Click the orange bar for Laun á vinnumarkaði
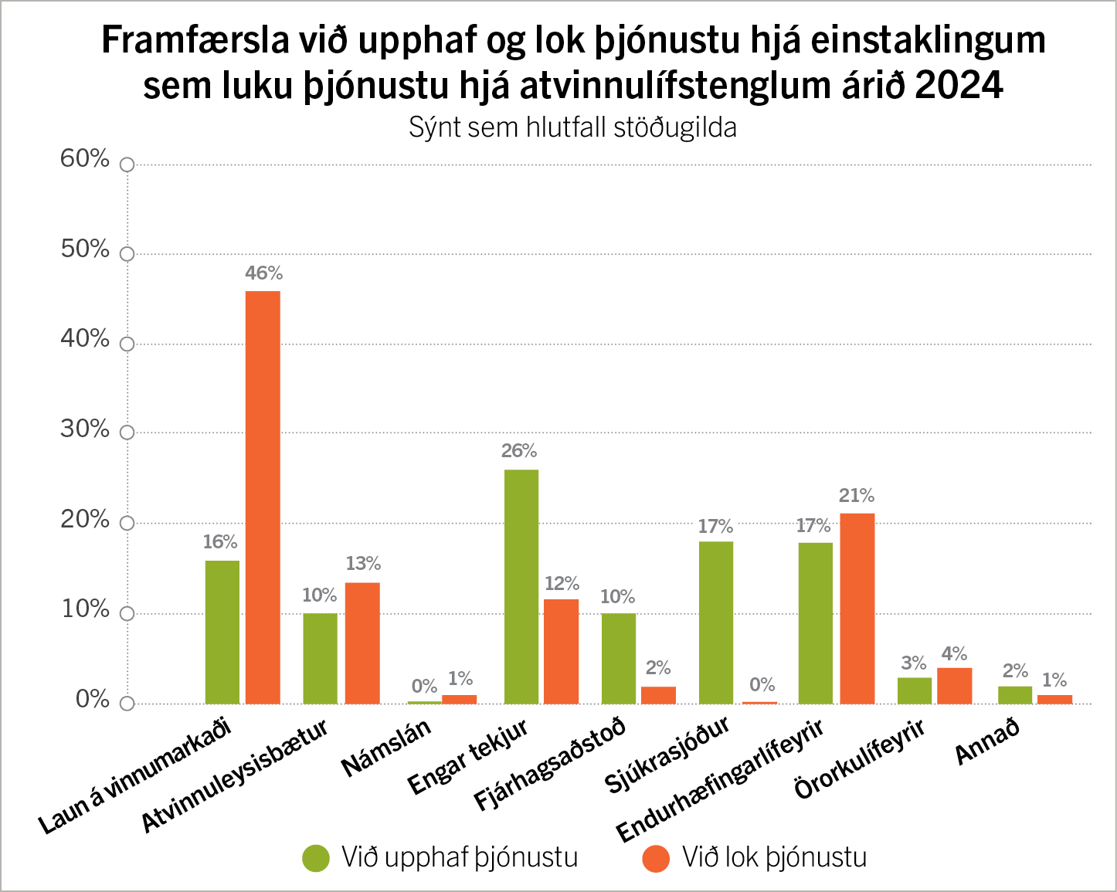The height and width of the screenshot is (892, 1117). tap(263, 497)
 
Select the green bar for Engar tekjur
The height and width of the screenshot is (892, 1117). tap(521, 586)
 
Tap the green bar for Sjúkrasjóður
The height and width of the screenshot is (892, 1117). tap(715, 622)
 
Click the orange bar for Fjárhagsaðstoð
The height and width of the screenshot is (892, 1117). tap(658, 695)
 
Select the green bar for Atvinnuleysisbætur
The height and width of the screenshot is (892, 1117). tap(320, 659)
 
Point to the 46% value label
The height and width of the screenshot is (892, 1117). tap(264, 273)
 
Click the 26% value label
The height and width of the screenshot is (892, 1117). tap(519, 451)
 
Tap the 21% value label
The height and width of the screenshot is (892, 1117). tap(857, 496)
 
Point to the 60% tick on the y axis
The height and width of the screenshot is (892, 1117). tap(127, 164)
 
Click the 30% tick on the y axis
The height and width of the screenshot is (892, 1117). tap(127, 433)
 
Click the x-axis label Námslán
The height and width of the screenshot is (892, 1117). tap(386, 748)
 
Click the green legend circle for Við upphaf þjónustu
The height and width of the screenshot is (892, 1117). tap(316, 858)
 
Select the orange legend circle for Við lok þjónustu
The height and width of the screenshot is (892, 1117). tap(656, 858)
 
